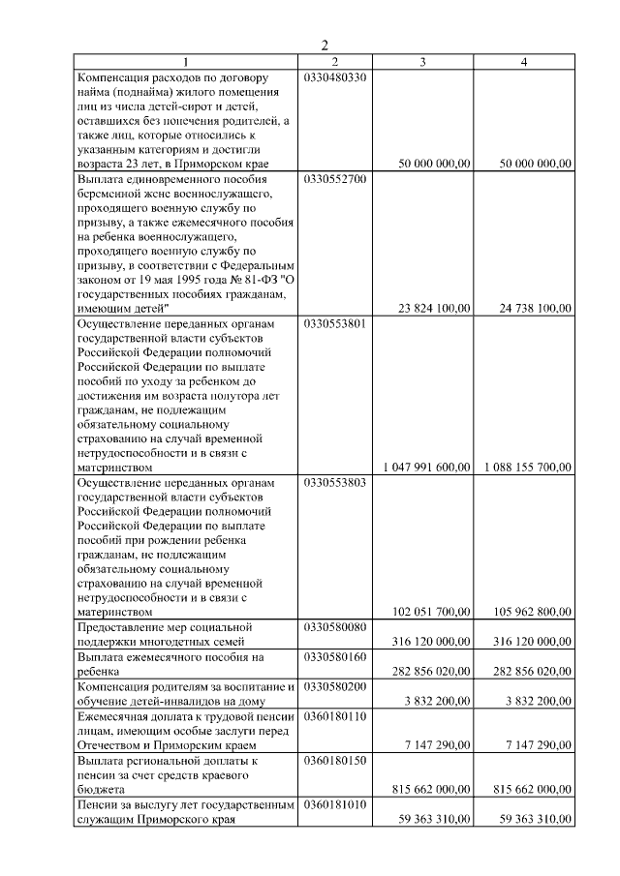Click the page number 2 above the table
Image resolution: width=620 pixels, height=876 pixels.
325,45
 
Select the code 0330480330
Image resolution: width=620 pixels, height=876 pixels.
335,77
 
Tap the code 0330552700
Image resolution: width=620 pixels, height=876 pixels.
335,179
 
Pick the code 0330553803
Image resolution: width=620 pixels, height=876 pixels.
335,482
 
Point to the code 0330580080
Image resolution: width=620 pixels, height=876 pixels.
335,627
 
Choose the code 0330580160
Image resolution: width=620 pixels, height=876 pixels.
335,656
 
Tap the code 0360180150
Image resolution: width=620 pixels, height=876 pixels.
335,762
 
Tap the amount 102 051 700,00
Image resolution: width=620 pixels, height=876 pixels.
431,612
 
